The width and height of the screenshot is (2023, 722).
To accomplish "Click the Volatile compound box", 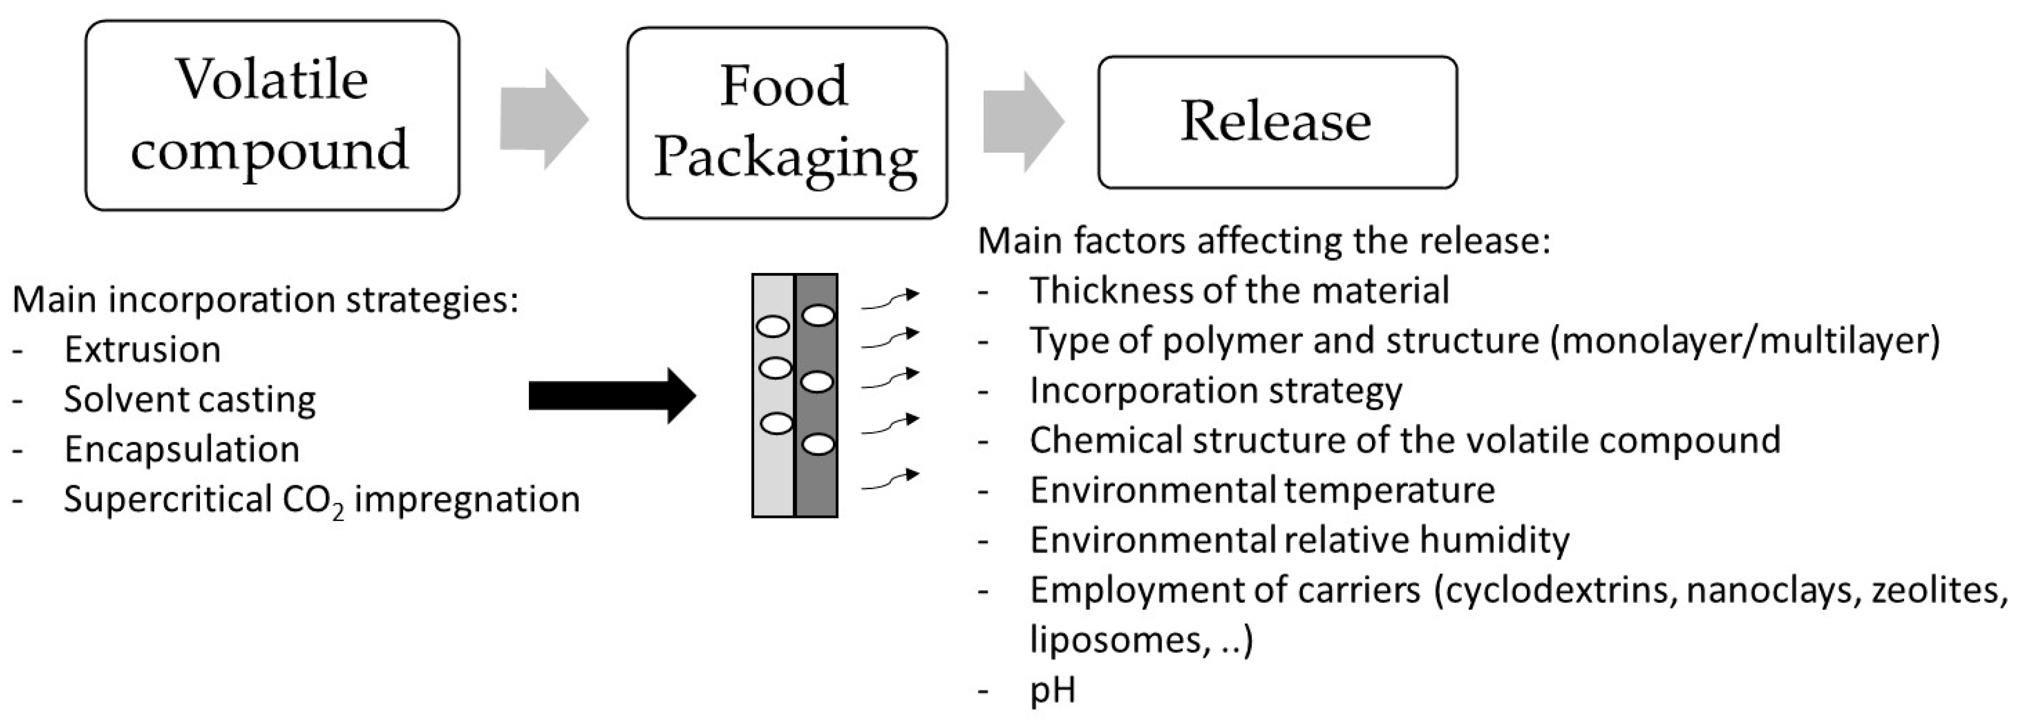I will (x=272, y=115).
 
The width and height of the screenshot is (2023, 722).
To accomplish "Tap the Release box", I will (x=1277, y=122).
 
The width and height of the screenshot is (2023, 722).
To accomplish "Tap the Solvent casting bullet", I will (x=189, y=399).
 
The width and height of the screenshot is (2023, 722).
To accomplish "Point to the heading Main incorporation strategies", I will (x=265, y=299).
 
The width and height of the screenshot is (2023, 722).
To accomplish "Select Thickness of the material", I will (x=1239, y=291).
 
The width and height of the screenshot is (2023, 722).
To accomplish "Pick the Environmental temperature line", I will (x=1262, y=490).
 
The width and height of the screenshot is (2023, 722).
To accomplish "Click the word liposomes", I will (x=1115, y=639).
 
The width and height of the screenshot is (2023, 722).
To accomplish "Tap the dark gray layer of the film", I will (x=817, y=487).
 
